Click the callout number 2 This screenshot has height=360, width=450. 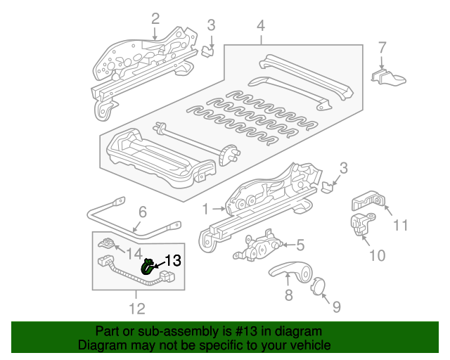click(x=155, y=19)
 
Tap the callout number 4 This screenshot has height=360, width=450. click(x=260, y=27)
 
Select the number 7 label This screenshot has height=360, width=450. click(x=382, y=48)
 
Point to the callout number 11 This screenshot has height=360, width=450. click(x=400, y=226)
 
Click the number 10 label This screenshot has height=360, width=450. click(x=377, y=255)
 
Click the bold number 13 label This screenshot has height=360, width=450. click(x=172, y=261)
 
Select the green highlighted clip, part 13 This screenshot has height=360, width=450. click(x=148, y=266)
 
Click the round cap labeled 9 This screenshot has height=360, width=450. click(x=317, y=286)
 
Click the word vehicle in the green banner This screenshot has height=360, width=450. click(x=307, y=346)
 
